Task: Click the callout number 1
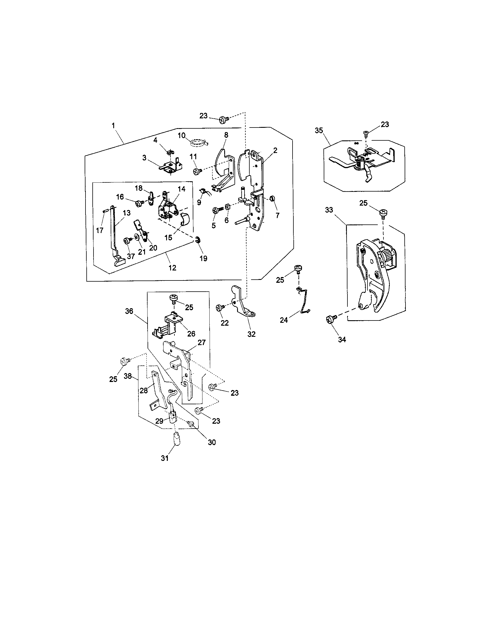click(x=113, y=126)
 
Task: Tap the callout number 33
click(x=329, y=210)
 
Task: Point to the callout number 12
click(x=172, y=268)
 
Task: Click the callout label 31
click(x=165, y=458)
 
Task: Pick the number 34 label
click(x=341, y=340)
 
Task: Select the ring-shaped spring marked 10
click(x=198, y=142)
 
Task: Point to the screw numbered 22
click(x=219, y=308)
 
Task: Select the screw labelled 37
click(x=127, y=240)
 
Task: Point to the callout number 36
click(x=129, y=311)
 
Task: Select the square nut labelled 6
click(x=227, y=207)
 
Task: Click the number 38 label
click(x=128, y=376)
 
